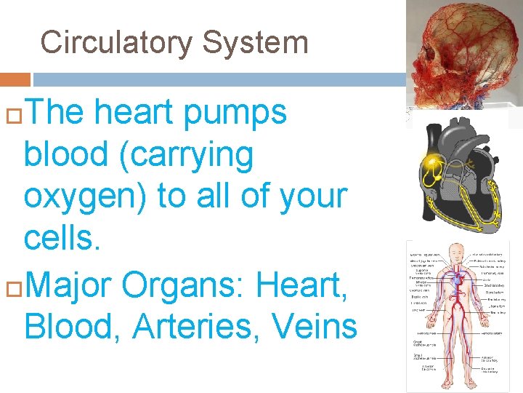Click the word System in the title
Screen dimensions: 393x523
coord(255,42)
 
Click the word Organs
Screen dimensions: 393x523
coord(169,285)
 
